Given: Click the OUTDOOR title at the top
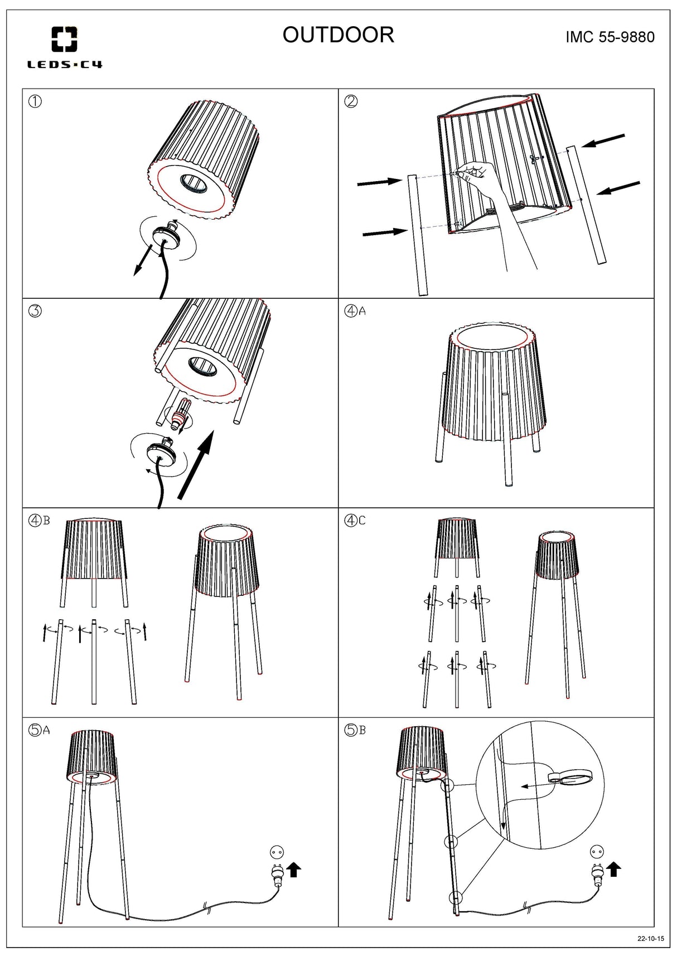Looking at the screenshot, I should coord(338,35).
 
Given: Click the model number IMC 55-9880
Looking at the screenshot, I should coord(610,37).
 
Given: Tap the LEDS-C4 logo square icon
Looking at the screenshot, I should coord(64,40).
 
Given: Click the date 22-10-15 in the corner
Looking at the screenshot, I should coord(651,939).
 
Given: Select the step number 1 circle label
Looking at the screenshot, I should coord(35,101).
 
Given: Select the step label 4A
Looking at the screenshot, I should coord(355,311).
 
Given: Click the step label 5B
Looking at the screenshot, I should coord(355,730).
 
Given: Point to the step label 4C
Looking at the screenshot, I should coord(355,521).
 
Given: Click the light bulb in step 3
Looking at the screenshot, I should coord(182,415).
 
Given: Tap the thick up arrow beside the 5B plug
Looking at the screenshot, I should coord(614,868).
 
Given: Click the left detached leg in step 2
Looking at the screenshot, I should coord(417,234).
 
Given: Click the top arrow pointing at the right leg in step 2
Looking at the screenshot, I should coord(603,140).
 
